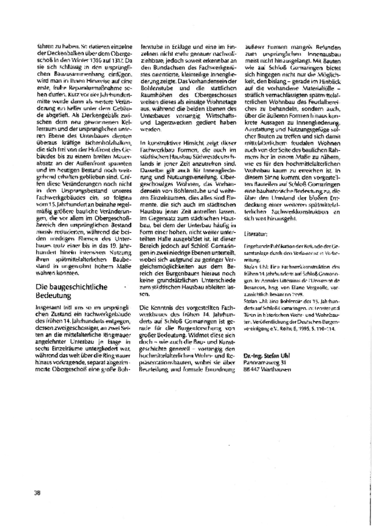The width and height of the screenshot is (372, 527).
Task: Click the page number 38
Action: point(37,493)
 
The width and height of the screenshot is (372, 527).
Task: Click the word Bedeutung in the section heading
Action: point(53,296)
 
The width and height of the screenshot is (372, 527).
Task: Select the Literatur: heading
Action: point(256,233)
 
